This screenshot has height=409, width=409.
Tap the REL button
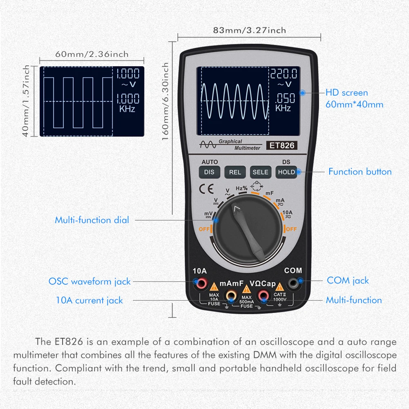(235, 172)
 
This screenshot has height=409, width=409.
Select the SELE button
(260, 172)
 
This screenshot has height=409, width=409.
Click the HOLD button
(286, 172)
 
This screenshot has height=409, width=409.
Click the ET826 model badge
(281, 145)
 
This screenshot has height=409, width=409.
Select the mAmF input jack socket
(231, 295)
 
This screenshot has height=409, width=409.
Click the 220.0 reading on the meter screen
(284, 74)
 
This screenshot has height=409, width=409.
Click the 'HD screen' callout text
(346, 93)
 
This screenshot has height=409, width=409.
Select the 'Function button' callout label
(360, 172)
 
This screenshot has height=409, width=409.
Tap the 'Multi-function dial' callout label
(92, 220)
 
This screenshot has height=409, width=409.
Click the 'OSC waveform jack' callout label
(89, 281)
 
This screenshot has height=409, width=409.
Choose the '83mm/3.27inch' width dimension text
(249, 30)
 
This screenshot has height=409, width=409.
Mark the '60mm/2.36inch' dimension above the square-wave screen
(92, 54)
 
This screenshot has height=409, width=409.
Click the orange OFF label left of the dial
(204, 229)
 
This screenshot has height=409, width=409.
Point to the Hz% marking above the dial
(241, 188)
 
